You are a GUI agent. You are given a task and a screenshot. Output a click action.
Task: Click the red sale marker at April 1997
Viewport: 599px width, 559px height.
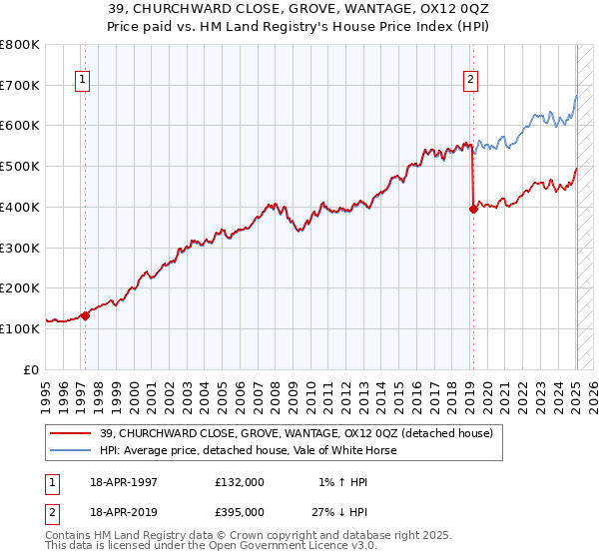click(x=85, y=315)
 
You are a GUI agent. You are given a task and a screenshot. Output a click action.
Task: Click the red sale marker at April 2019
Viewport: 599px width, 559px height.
click(x=472, y=209)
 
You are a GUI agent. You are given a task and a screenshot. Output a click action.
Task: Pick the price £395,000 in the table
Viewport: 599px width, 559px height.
click(x=240, y=511)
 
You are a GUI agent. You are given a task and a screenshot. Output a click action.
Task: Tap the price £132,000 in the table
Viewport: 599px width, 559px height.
click(x=240, y=482)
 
